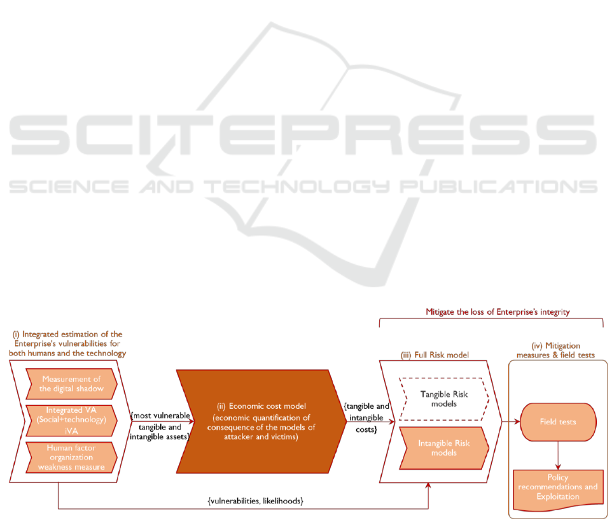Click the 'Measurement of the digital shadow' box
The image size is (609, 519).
pos(70,384)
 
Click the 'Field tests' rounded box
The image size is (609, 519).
pos(558,421)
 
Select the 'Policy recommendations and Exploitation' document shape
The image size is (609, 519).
pos(558,487)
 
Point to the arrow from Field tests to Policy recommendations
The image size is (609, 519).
pos(558,454)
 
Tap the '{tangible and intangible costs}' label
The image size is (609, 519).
pos(366,417)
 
